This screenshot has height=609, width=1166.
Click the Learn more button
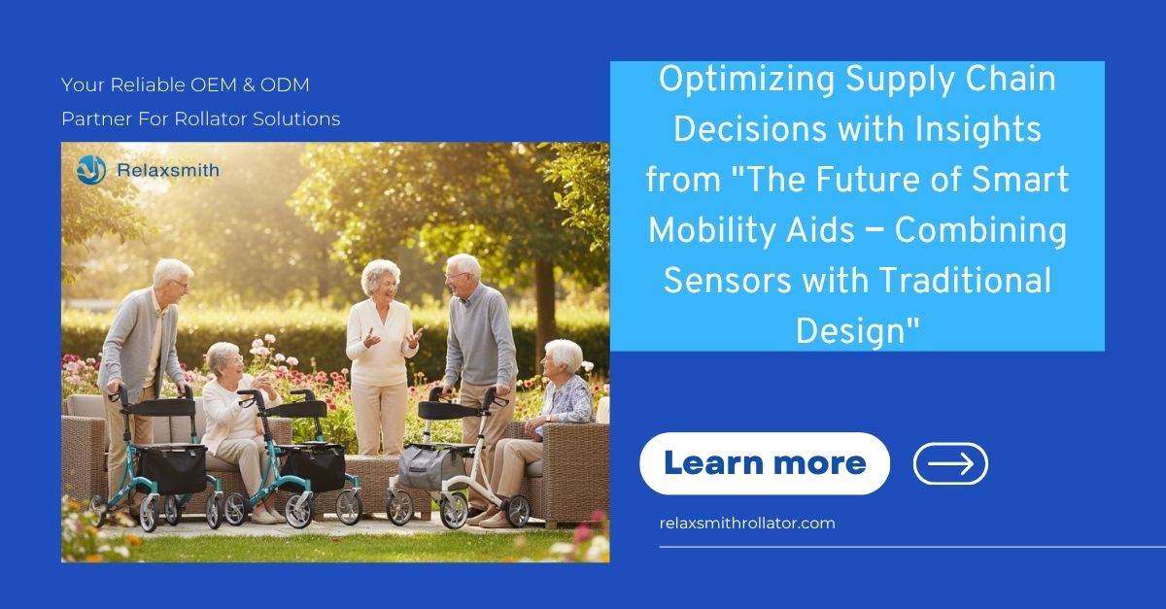click(764, 463)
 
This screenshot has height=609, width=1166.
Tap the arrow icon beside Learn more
click(950, 463)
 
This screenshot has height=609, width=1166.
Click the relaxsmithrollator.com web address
click(746, 523)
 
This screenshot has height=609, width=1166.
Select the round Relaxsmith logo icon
click(91, 170)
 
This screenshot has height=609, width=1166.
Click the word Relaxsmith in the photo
click(167, 170)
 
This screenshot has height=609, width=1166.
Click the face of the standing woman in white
click(380, 278)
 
